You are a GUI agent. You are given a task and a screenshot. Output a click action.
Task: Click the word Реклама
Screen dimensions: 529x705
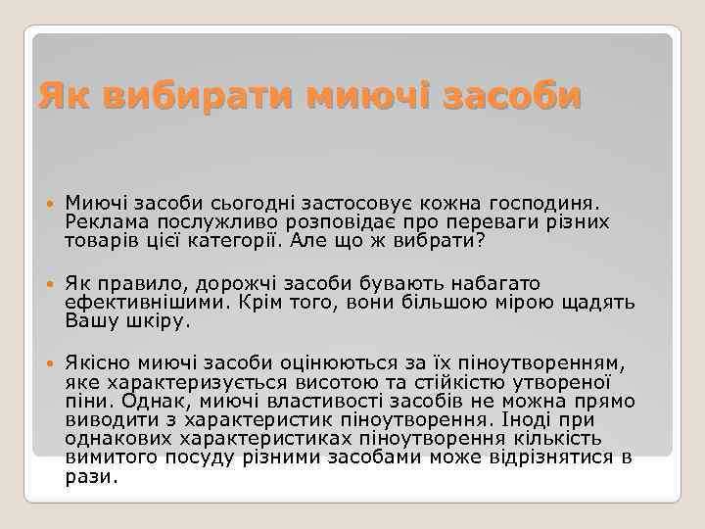coord(104,221)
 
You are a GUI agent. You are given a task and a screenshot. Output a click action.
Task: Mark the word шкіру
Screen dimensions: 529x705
coord(159,320)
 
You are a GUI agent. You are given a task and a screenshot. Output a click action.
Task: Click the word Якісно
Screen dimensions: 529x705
coord(96,363)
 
